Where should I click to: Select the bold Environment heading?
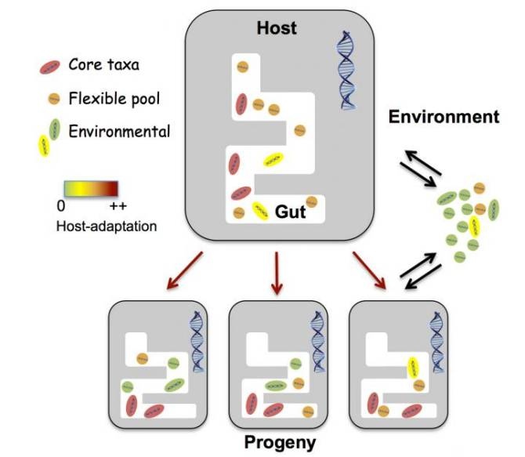coord(444,118)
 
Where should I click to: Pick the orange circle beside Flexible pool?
coord(53,98)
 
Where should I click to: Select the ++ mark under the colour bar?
coord(118,206)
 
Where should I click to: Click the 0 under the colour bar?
coord(62,206)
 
